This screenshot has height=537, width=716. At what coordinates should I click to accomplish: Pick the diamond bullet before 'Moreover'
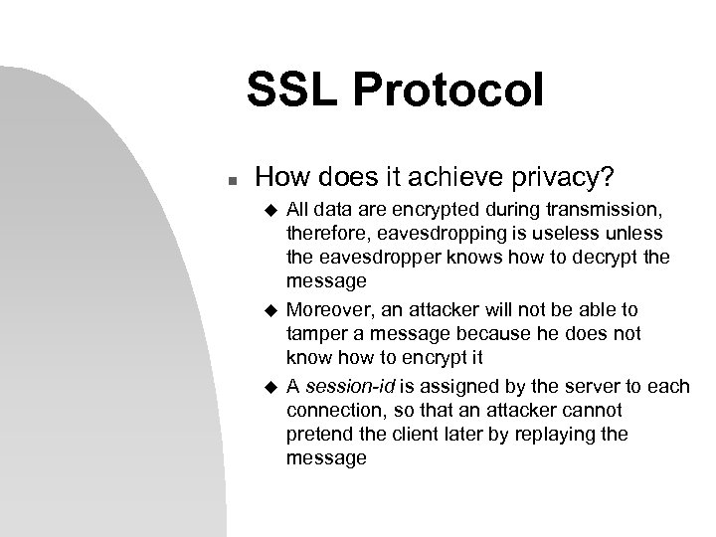point(267,310)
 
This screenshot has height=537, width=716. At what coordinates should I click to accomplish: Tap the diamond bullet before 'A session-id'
point(267,385)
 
